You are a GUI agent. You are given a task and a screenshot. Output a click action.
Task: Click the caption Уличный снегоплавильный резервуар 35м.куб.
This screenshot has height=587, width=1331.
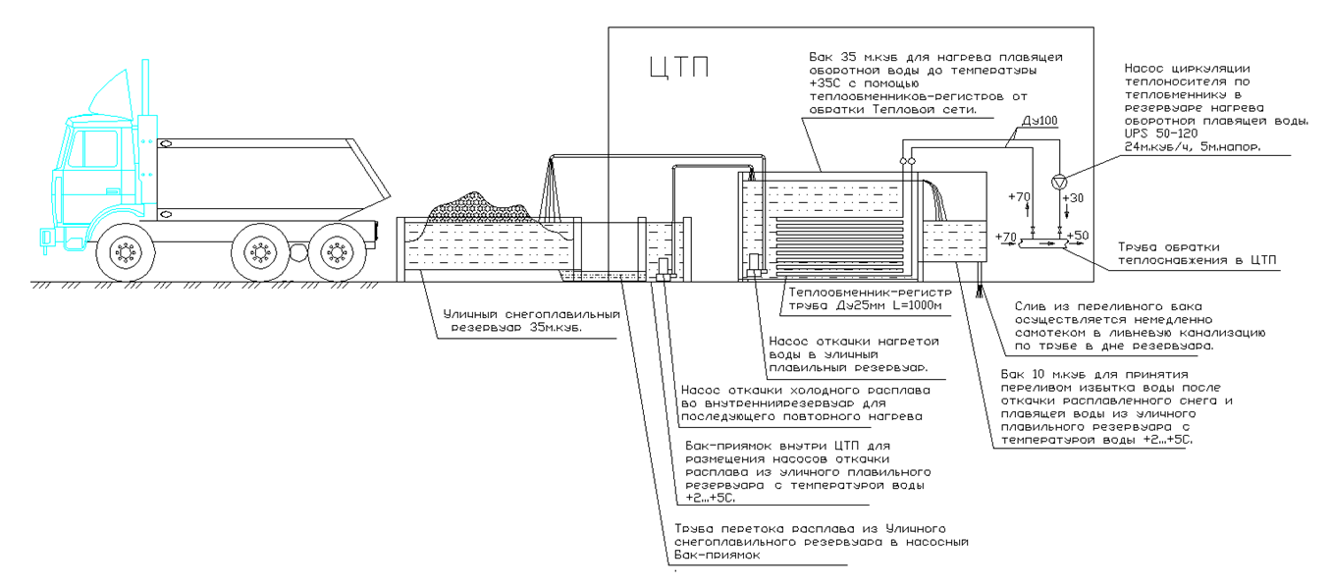[x=530, y=322]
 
